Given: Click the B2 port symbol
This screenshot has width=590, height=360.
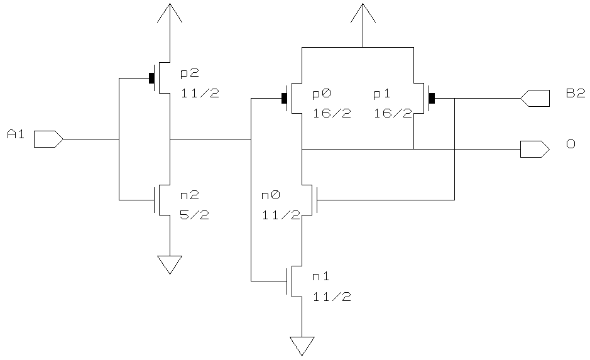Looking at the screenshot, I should click(535, 98).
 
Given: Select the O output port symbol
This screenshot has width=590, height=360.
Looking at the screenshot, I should click(535, 149).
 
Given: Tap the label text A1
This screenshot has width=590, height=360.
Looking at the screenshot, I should click(15, 133).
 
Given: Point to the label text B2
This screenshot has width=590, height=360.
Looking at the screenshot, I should click(576, 94).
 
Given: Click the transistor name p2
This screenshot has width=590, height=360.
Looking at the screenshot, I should click(190, 74).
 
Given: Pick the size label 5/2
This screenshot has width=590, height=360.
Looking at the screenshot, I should click(195, 215).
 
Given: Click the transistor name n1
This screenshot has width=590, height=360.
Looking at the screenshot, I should click(321, 276).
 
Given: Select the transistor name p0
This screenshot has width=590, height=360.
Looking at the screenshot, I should click(322, 94).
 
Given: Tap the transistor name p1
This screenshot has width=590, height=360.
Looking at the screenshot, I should click(382, 94).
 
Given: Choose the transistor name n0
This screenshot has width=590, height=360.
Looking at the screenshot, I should click(270, 195).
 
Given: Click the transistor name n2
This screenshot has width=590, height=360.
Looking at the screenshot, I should click(190, 195).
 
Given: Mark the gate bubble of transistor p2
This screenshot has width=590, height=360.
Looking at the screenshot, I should click(151, 79).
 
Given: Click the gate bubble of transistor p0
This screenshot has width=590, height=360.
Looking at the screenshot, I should click(284, 98).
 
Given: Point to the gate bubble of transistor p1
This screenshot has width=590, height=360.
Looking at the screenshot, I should click(432, 98).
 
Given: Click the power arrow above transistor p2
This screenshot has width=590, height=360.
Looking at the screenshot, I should click(170, 14).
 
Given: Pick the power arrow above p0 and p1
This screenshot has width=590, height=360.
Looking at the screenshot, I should click(363, 14).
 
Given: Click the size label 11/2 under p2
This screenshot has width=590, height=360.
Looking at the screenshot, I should click(200, 94).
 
